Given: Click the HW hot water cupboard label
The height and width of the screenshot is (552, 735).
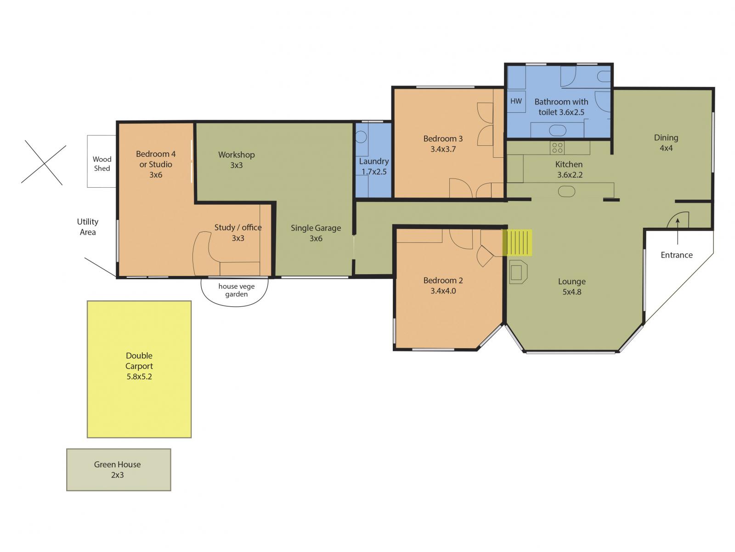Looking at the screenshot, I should tap(516, 101).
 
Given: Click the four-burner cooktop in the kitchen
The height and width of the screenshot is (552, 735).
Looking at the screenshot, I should tap(557, 148).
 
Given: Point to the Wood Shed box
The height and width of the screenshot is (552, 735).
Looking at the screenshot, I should tap(102, 161).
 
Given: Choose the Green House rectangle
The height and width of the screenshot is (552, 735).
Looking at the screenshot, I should tap(119, 470).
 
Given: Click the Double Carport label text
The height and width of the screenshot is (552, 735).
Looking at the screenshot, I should tap(139, 366).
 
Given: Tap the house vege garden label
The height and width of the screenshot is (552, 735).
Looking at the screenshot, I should tap(236, 290).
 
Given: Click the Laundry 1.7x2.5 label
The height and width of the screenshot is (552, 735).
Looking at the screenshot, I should tap(373, 166).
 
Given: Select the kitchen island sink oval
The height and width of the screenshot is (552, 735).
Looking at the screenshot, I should tap(566, 191).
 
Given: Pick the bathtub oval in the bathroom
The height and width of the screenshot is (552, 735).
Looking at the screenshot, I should tap(558, 131).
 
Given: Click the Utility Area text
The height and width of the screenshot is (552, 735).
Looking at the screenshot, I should tap(88, 227).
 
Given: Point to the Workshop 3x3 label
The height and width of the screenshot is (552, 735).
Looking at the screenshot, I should tap(236, 160).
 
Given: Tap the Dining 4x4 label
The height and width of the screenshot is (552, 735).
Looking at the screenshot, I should tap(666, 143).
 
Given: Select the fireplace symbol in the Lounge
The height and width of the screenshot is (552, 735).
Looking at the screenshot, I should tap(518, 272).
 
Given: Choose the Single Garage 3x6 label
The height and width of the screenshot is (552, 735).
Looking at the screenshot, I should tap(316, 233).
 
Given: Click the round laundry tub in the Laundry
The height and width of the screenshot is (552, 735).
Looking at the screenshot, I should tap(361, 137).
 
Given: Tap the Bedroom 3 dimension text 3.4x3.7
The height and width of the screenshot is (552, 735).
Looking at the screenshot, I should tap(443, 149).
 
